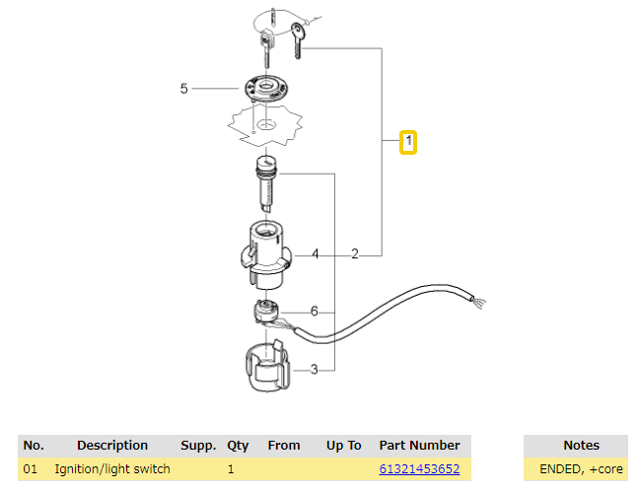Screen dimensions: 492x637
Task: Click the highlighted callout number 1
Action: [407, 143]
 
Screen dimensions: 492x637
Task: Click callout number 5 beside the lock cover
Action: [183, 89]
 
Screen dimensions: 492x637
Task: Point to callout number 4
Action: [315, 254]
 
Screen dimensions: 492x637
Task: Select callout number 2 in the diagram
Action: [354, 254]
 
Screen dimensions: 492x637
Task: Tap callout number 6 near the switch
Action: [314, 312]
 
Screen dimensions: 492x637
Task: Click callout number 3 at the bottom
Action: [314, 370]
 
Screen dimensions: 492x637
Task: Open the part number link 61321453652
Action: [419, 468]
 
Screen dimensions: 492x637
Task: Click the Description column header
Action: [112, 445]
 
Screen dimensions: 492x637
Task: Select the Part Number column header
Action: [419, 445]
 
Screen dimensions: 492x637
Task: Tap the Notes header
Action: [581, 445]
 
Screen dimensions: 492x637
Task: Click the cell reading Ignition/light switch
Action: [112, 468]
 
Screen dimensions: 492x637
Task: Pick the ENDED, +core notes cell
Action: [581, 468]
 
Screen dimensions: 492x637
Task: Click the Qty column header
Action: [238, 445]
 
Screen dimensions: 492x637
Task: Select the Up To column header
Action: [343, 445]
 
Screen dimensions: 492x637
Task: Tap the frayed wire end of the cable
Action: [479, 299]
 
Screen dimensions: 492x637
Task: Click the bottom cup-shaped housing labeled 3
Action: [263, 367]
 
